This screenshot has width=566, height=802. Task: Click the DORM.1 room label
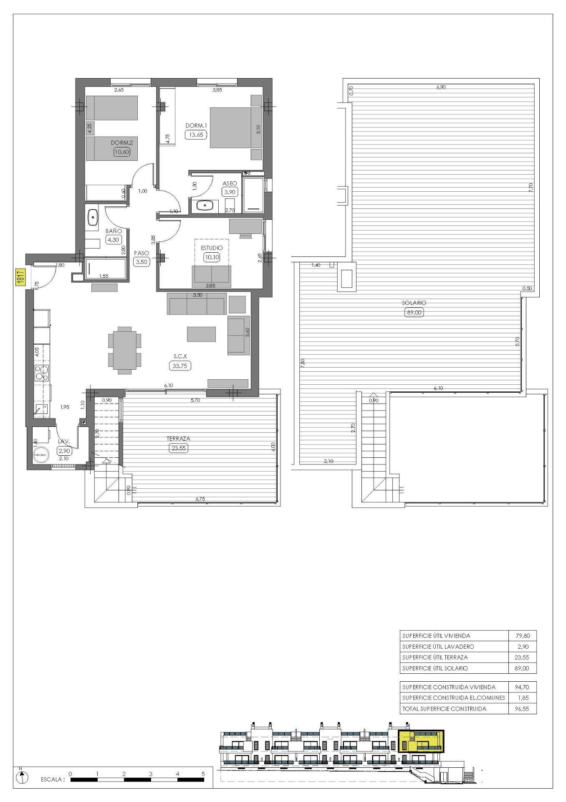click(x=196, y=125)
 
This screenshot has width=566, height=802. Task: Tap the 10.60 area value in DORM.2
click(x=121, y=152)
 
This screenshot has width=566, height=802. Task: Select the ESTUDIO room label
click(x=212, y=248)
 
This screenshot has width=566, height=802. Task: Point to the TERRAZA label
click(x=178, y=439)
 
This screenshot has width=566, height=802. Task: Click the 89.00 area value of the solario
click(x=414, y=312)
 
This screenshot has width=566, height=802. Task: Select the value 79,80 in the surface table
click(x=522, y=636)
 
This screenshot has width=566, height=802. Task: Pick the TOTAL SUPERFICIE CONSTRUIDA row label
click(x=444, y=709)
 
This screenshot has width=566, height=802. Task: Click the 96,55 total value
click(x=522, y=709)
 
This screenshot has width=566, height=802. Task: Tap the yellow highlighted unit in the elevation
click(x=421, y=741)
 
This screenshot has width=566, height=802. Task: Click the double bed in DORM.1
click(x=235, y=128)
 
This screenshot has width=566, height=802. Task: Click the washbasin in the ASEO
click(x=205, y=206)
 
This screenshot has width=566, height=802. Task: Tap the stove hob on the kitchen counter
click(x=42, y=373)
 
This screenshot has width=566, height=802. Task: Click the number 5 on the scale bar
click(x=203, y=774)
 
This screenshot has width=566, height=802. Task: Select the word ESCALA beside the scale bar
click(x=53, y=779)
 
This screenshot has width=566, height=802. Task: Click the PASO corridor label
click(x=141, y=253)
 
